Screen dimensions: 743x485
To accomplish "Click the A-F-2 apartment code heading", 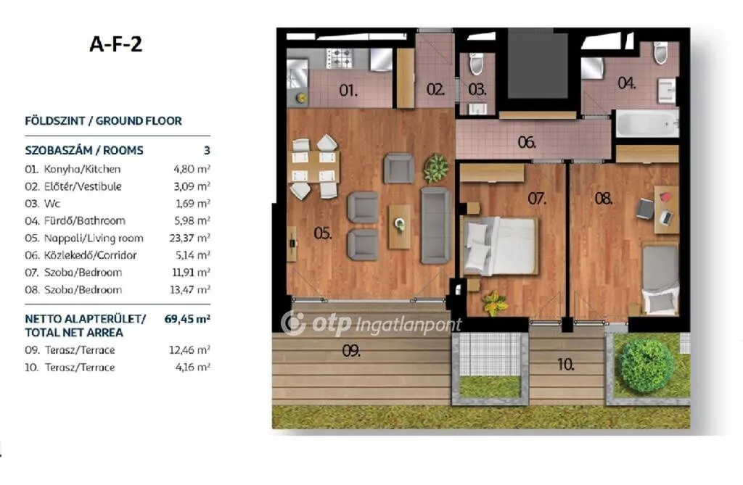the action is tap(115, 44).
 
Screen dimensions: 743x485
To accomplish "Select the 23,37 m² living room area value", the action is tap(189, 238).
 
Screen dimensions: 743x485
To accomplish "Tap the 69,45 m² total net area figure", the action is tap(187, 319).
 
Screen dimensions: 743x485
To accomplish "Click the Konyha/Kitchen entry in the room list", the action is tap(82, 169).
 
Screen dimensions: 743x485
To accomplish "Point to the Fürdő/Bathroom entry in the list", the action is tap(84, 220).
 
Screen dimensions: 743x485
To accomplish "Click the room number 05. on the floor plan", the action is tap(323, 233).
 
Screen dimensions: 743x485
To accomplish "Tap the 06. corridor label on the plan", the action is tap(527, 141).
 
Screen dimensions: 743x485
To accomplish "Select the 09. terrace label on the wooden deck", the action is tap(351, 351).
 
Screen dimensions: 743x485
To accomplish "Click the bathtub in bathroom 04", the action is tap(646, 124).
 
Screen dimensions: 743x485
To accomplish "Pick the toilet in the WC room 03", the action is tap(476, 64).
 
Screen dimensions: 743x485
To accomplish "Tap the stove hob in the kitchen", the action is tap(340, 58).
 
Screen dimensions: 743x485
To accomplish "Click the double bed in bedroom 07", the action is tap(501, 246).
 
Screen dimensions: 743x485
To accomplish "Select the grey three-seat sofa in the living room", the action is tap(435, 225).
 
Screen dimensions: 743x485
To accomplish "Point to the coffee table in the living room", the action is tap(399, 227).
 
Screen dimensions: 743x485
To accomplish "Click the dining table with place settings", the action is tap(313, 167).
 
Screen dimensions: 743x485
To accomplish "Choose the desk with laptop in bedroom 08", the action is tap(666, 210).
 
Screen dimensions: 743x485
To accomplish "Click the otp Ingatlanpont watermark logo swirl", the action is tap(293, 323).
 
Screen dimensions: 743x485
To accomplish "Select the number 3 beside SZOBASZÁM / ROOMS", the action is tap(207, 151).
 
